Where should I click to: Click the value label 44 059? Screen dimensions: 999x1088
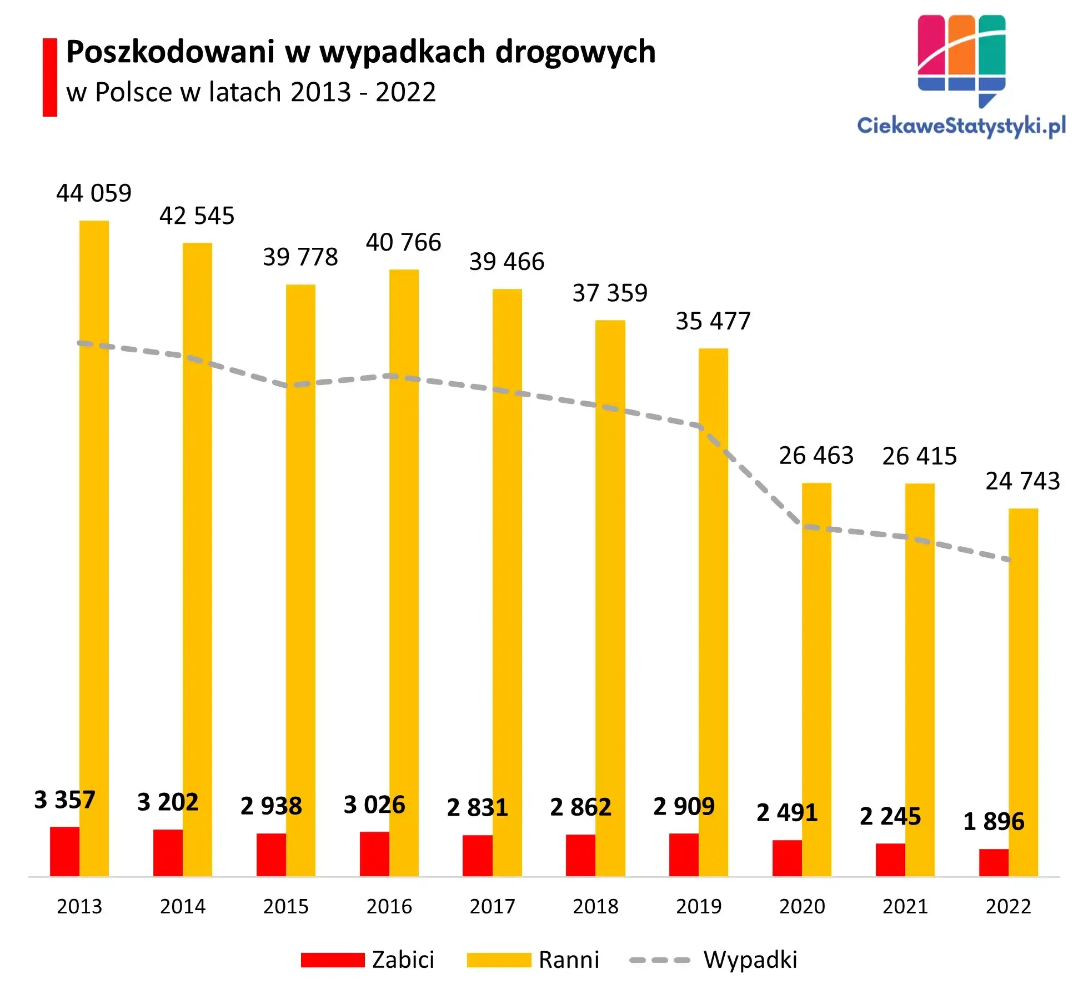tap(94, 193)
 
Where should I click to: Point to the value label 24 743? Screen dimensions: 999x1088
tap(1022, 481)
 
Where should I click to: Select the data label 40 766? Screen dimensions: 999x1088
tap(403, 242)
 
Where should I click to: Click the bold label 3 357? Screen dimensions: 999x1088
tap(64, 800)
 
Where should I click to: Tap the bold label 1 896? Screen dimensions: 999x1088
tap(994, 821)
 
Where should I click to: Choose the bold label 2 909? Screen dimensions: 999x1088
tap(684, 807)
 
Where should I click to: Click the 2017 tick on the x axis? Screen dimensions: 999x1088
tap(492, 907)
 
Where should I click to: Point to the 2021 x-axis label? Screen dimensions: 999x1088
tap(905, 907)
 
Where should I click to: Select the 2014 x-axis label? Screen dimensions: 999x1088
tap(183, 907)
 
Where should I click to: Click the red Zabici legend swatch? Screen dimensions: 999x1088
tap(333, 960)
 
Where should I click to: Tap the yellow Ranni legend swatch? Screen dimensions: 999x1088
tap(499, 960)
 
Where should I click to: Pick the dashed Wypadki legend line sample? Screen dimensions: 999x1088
tap(660, 960)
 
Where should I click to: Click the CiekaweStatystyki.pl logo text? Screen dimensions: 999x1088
tap(961, 126)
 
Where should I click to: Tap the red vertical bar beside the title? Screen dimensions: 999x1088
tap(50, 77)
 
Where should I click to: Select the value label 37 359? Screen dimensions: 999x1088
tap(610, 293)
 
